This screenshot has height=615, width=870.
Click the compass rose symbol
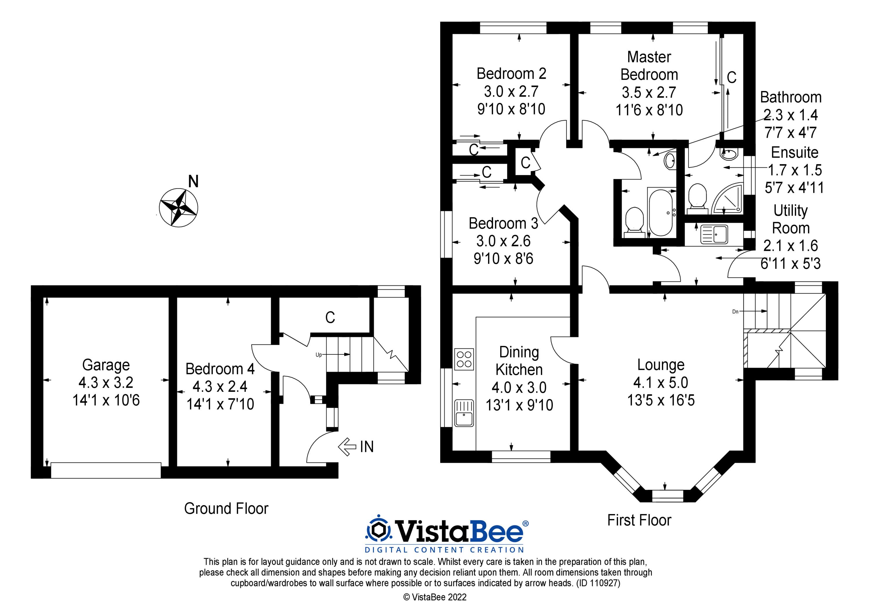[178, 208]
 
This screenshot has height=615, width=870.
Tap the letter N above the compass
[193, 182]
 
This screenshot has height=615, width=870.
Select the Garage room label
[106, 365]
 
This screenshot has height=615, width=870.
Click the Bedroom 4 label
[220, 369]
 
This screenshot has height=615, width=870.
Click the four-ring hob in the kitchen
[464, 359]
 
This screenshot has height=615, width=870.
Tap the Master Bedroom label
[649, 66]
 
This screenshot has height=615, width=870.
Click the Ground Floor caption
[226, 509]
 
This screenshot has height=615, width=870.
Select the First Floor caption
[639, 520]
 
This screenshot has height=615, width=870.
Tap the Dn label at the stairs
[735, 312]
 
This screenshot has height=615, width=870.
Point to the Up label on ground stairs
[319, 355]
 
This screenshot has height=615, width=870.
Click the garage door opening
[106, 470]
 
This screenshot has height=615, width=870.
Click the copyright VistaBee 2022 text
[435, 598]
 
